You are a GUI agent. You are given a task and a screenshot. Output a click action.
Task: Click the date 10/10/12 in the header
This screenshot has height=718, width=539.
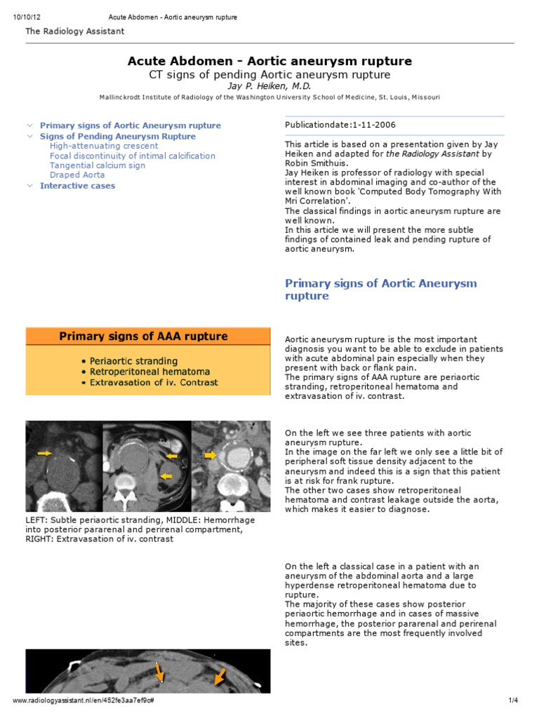click(25, 17)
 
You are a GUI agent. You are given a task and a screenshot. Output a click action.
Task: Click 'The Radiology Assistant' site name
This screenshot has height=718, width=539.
click(75, 31)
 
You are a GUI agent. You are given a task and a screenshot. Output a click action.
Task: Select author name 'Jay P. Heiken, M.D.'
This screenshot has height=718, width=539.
click(269, 86)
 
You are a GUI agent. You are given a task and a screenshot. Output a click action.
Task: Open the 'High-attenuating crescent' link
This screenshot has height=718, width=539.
click(104, 146)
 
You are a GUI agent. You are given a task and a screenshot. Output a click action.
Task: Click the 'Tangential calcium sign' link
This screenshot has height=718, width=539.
click(98, 165)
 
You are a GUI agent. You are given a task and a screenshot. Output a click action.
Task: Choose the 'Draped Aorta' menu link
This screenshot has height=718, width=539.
click(77, 175)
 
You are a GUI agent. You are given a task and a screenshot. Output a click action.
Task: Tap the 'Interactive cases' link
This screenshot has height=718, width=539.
click(77, 186)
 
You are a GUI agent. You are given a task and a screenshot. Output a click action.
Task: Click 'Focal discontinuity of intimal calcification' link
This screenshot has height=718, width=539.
click(133, 156)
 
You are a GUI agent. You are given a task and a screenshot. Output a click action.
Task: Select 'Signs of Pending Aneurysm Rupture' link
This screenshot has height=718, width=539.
click(118, 136)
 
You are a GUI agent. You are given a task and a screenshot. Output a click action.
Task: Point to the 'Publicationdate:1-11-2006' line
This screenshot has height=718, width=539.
click(340, 125)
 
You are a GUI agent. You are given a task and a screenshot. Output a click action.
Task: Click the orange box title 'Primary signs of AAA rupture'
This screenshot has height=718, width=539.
click(143, 337)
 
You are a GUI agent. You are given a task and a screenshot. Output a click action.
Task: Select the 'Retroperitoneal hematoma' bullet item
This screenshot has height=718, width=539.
click(149, 372)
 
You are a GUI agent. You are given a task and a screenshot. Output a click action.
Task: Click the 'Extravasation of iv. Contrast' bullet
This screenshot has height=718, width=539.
click(154, 383)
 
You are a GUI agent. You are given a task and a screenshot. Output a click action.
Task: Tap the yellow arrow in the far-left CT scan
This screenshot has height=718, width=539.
click(45, 454)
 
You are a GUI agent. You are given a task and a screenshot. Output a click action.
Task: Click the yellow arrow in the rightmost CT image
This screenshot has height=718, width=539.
click(211, 455)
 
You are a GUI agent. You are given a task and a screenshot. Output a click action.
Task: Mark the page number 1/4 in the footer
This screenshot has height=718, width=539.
click(512, 700)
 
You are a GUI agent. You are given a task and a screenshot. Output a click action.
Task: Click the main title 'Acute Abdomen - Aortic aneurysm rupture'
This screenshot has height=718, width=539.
click(269, 61)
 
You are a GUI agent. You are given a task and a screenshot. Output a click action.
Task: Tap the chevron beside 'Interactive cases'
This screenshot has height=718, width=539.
click(29, 186)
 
